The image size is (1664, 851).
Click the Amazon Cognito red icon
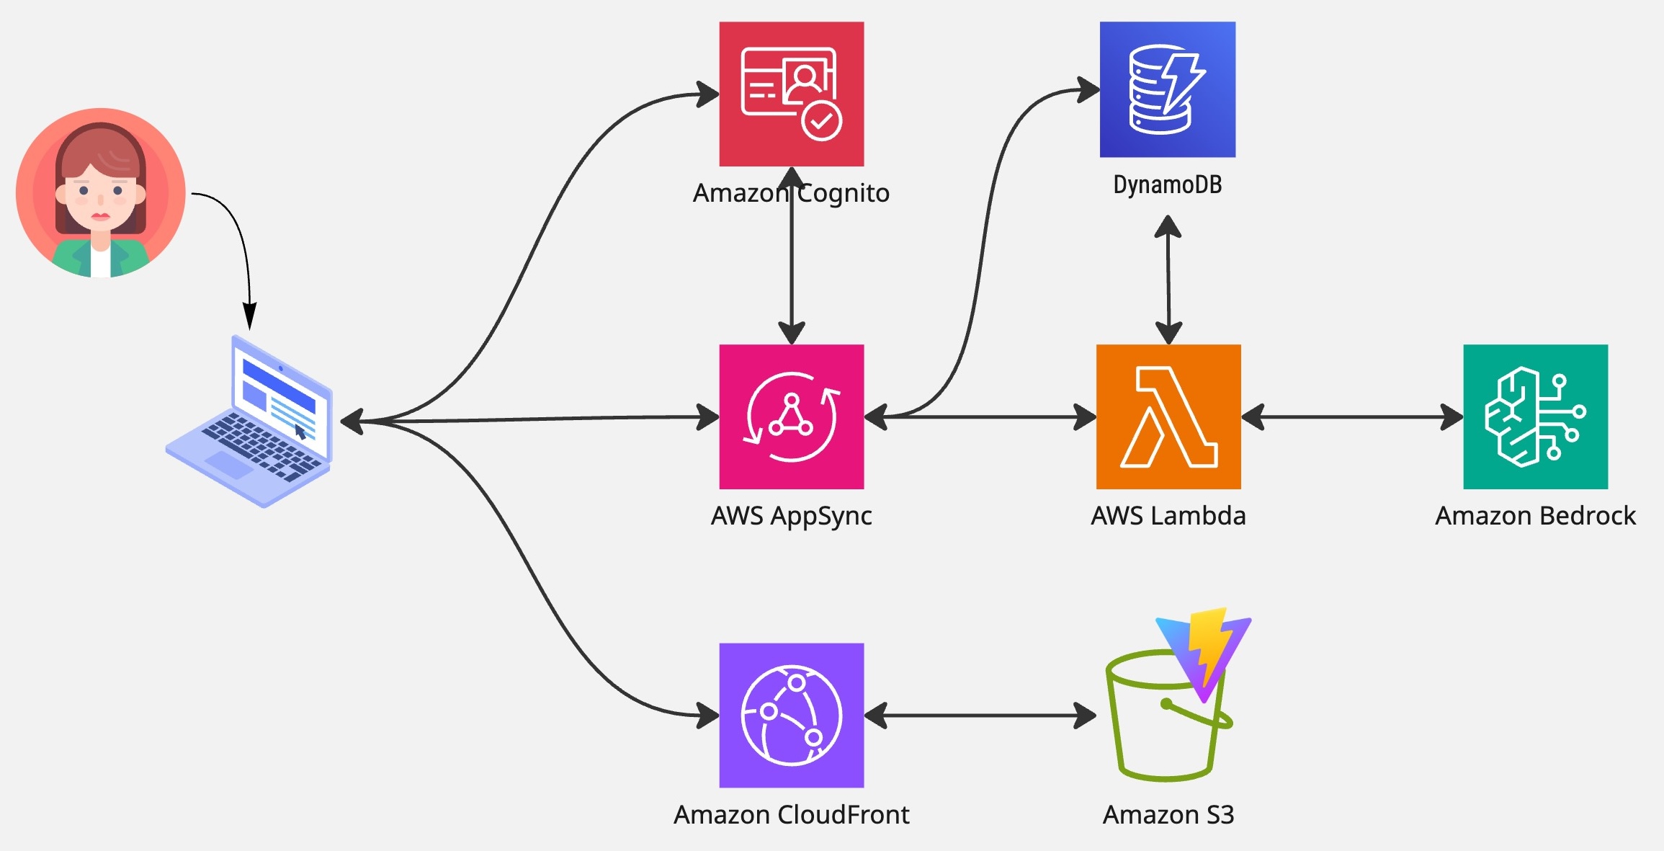(x=791, y=94)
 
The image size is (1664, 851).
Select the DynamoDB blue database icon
(x=1167, y=89)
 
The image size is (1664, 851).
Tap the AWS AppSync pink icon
(x=791, y=416)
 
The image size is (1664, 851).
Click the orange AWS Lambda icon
(x=1168, y=416)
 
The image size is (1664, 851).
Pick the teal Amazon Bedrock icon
(x=1535, y=416)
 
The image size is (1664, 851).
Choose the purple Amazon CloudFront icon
(x=791, y=715)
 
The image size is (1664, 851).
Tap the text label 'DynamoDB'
(x=1167, y=184)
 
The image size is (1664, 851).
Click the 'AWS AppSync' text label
(x=791, y=516)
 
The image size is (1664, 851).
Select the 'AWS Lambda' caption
(x=1168, y=516)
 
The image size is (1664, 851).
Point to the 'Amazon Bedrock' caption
(x=1535, y=516)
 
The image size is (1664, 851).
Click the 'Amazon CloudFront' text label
(x=791, y=815)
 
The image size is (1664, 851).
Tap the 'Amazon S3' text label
(x=1168, y=815)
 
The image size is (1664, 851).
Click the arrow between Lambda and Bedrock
(x=1351, y=416)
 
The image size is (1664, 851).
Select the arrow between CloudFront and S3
(x=980, y=716)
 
